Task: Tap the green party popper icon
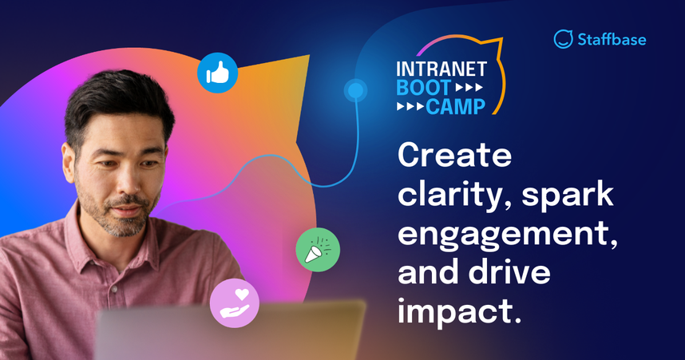click(318, 250)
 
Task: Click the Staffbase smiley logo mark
click(564, 38)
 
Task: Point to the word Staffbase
click(613, 38)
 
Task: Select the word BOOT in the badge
click(418, 88)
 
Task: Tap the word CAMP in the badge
click(457, 105)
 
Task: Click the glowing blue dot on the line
click(354, 91)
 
